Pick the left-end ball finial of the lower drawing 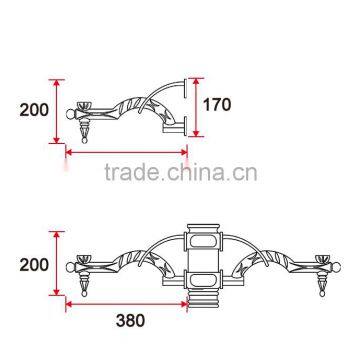pos(71,266)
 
